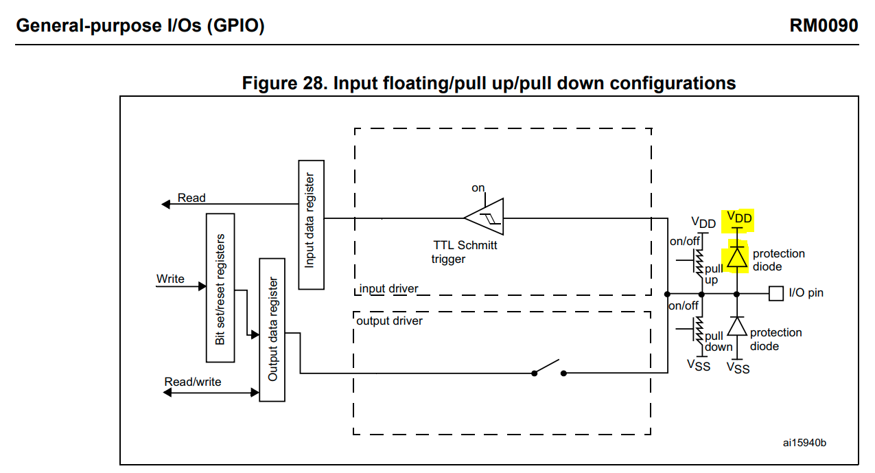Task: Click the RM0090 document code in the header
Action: point(824,26)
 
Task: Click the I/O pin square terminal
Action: point(775,293)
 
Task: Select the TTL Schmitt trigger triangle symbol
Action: point(484,217)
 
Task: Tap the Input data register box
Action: point(312,224)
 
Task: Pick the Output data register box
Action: point(272,330)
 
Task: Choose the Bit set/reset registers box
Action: point(220,288)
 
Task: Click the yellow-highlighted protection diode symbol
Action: point(737,257)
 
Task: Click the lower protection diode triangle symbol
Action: point(737,326)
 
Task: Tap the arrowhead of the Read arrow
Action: point(166,204)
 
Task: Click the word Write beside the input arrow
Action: point(170,279)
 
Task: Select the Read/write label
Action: point(193,382)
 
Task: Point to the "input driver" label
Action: point(388,288)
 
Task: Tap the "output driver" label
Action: point(389,321)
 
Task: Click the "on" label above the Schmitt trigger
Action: point(478,188)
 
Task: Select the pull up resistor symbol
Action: point(698,263)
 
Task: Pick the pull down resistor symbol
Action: point(698,331)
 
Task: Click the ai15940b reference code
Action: point(804,443)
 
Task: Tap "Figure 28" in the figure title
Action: point(285,83)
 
